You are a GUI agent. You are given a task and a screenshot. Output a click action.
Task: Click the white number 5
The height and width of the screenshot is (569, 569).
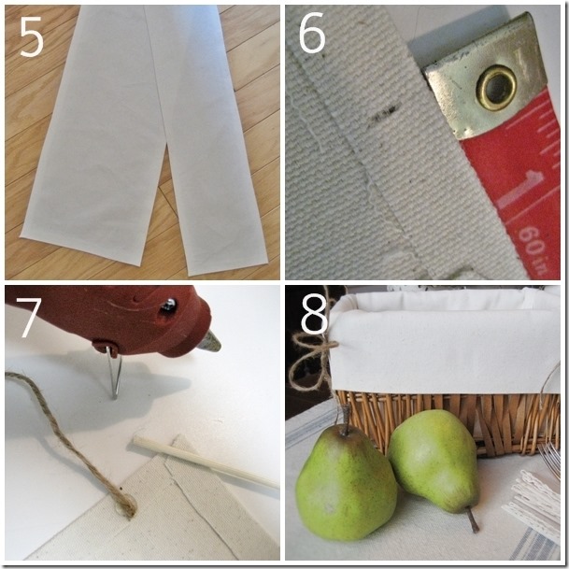click(32, 37)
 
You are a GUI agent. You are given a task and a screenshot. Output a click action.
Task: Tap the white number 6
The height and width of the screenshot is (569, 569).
click(312, 33)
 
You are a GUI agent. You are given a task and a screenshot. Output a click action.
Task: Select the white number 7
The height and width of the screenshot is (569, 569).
click(28, 318)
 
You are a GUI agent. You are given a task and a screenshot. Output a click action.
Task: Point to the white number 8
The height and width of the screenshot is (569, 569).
click(315, 314)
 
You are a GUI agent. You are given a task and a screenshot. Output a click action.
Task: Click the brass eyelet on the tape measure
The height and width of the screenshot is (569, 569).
click(496, 87)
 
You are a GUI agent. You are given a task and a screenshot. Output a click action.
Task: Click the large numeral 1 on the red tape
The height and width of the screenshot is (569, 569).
click(520, 190)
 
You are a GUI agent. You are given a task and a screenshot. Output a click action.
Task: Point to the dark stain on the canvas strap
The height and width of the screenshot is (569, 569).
click(385, 112)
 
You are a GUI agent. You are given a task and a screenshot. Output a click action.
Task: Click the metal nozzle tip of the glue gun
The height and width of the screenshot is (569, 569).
click(209, 342)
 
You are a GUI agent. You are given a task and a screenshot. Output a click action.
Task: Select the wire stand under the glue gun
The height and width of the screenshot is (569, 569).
click(114, 373)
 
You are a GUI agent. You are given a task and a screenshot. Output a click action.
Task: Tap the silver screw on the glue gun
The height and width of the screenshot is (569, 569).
click(169, 305)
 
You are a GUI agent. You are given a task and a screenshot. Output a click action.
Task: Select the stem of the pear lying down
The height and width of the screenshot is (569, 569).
click(473, 520)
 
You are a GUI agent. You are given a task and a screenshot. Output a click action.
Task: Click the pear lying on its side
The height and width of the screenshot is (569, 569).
click(433, 462)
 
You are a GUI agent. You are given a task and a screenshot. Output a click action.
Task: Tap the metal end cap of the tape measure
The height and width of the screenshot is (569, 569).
click(486, 78)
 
